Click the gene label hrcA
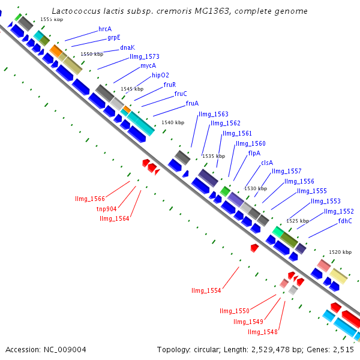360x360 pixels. tap(105, 29)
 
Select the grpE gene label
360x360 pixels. tap(114, 38)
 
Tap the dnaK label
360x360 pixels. tap(127, 47)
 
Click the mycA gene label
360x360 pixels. tap(148, 66)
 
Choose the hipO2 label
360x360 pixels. tap(160, 76)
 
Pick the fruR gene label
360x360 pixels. tap(170, 85)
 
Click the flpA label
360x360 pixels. tap(254, 154)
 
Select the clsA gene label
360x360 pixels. tap(267, 163)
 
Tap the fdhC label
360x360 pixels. tap(345, 221)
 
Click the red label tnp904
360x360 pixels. tap(107, 209)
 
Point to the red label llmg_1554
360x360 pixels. tap(206, 291)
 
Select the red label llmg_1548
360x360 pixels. tap(263, 332)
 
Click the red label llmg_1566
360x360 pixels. tap(90, 199)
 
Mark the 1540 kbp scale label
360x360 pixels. tap(172, 122)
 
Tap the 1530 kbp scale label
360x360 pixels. tap(255, 188)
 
